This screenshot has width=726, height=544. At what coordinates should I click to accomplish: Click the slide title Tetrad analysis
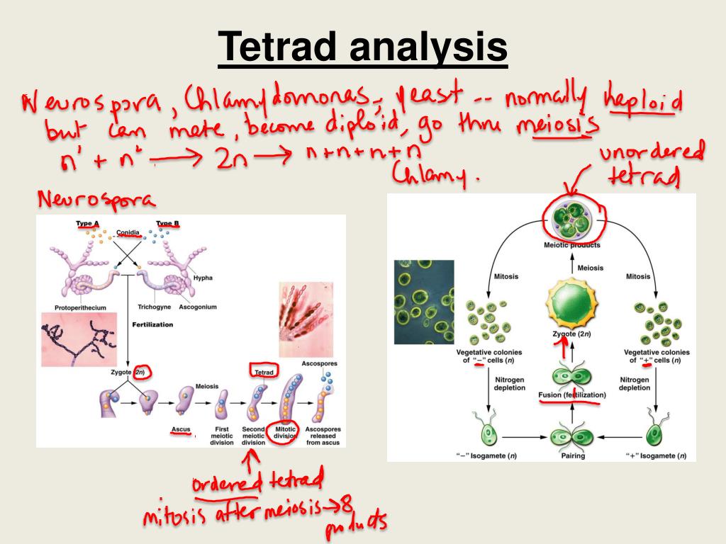click(362, 48)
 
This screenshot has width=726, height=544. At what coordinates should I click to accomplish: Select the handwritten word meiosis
click(558, 128)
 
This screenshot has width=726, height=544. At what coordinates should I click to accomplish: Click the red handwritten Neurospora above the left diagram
click(96, 200)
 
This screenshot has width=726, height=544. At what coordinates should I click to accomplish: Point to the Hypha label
click(203, 278)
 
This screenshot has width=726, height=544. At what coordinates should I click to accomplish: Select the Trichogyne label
click(154, 307)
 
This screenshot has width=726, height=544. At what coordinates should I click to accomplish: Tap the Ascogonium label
click(199, 307)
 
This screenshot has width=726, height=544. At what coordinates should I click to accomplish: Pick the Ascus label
click(181, 429)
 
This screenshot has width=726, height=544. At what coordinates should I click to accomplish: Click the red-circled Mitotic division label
click(284, 433)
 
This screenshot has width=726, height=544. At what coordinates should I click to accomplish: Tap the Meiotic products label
click(571, 245)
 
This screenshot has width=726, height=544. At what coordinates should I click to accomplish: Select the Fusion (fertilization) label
click(571, 395)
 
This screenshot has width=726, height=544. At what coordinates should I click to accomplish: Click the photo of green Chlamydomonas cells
click(424, 301)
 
